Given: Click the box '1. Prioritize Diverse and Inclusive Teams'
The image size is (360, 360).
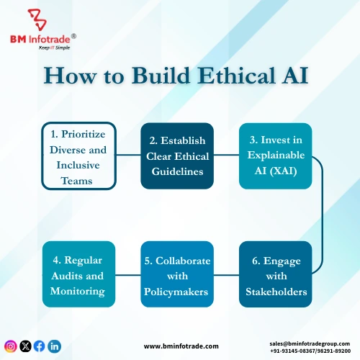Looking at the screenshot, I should click(x=78, y=156).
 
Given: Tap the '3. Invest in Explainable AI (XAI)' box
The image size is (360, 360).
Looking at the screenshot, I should click(x=275, y=156).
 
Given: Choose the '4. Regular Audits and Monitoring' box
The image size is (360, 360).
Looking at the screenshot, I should click(x=78, y=274).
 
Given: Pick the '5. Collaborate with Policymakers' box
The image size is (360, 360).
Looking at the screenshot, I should click(x=176, y=274).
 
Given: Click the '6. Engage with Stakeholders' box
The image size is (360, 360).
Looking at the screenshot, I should click(x=275, y=274).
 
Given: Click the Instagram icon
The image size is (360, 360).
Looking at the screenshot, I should click(x=11, y=346).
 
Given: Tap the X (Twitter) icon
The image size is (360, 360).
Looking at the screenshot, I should click(x=25, y=346).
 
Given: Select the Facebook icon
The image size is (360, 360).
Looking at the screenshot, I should click(x=40, y=346).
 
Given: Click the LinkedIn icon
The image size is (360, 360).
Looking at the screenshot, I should click(x=55, y=346).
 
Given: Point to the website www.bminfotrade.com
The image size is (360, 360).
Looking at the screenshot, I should click(x=181, y=346).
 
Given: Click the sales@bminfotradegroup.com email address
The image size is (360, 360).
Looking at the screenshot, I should click(x=310, y=343).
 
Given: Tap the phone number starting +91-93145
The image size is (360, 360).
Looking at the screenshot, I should click(x=310, y=351).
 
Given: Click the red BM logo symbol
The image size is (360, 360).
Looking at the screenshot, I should click(x=34, y=17).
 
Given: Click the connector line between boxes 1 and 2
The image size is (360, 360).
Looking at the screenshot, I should click(x=127, y=154).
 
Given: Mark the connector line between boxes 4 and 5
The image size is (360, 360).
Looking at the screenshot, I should click(x=127, y=274).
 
